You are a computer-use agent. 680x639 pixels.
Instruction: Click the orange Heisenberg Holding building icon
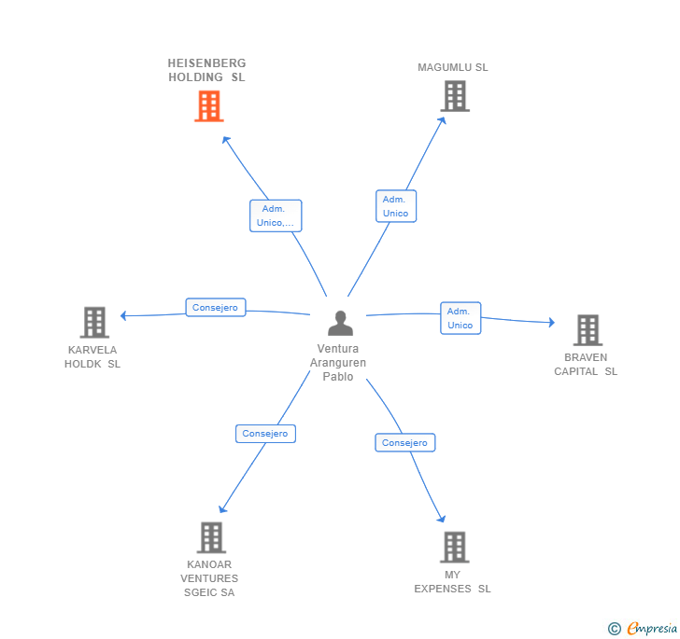coord(208,106)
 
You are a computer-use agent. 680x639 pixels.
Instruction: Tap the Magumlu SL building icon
coord(454,96)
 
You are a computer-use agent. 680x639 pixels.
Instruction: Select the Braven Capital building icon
coord(587,330)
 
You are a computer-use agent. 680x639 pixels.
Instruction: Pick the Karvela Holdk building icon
coord(94,323)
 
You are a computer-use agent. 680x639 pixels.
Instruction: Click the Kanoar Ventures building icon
coord(211,537)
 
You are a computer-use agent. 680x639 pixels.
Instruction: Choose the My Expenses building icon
coord(454,548)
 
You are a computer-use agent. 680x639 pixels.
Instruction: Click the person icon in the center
coord(340,323)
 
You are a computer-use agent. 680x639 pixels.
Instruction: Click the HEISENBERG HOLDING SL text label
coord(206,70)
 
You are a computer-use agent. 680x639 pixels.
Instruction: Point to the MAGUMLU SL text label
coord(453,67)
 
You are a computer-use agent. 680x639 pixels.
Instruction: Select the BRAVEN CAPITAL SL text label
coord(586,364)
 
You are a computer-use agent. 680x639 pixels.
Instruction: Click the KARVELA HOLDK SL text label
coord(92,357)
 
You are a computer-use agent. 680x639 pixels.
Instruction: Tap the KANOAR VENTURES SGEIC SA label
coord(209,578)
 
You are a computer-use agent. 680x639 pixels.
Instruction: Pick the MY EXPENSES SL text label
coord(453,582)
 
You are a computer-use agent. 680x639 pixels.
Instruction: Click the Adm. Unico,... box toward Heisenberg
coord(276,215)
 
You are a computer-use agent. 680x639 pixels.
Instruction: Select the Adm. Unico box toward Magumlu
coord(396,206)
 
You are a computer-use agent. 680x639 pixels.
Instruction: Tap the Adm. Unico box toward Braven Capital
coord(460,318)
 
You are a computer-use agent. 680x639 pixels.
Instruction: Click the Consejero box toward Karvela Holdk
coord(216,307)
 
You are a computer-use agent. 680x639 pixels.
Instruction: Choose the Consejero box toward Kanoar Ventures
coord(265,434)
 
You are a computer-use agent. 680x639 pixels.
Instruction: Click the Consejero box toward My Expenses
coord(404,443)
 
